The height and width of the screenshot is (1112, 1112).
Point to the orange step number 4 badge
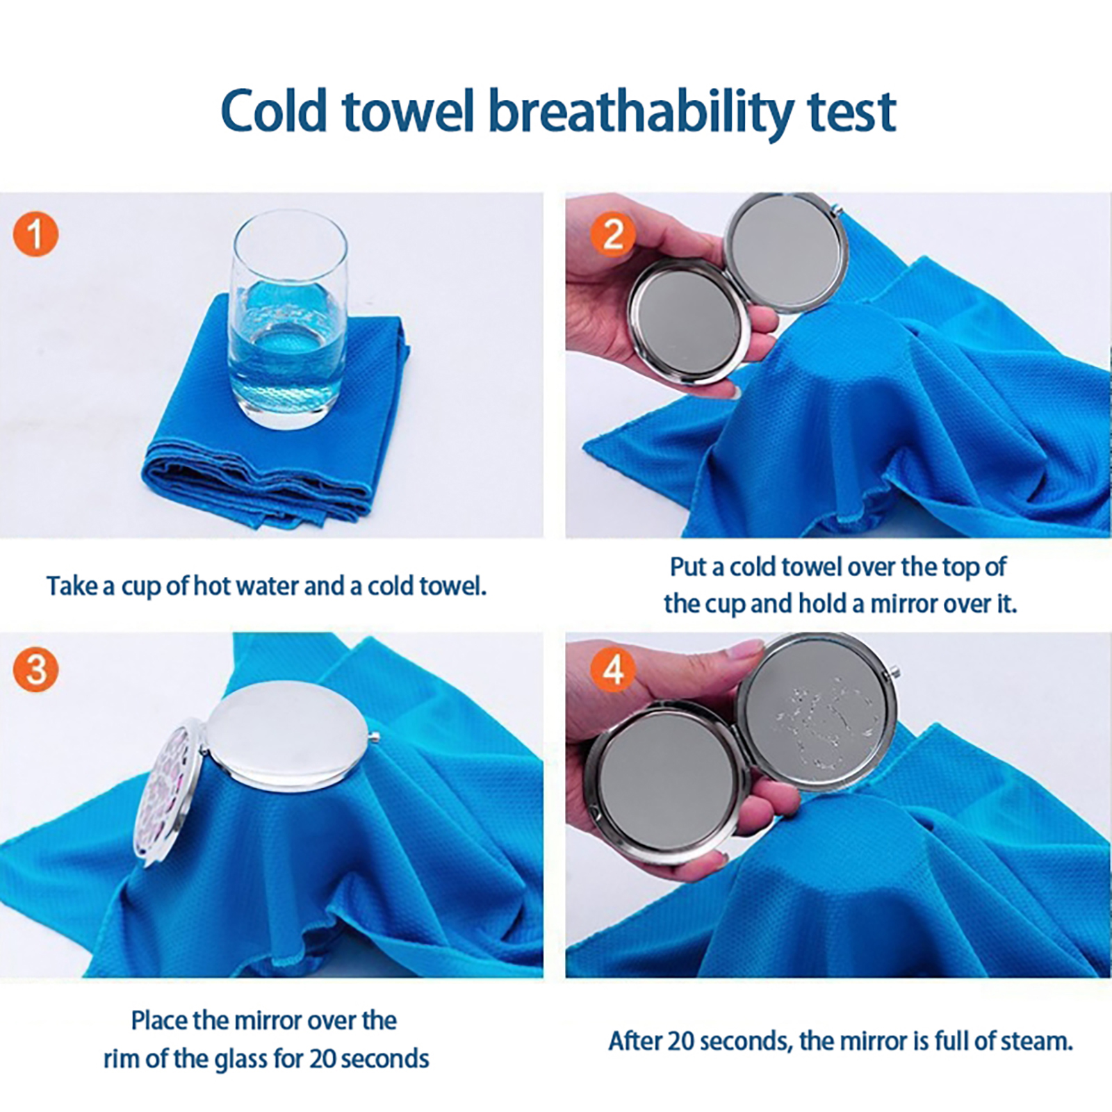click(x=612, y=671)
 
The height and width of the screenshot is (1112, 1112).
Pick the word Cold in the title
click(x=274, y=110)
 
